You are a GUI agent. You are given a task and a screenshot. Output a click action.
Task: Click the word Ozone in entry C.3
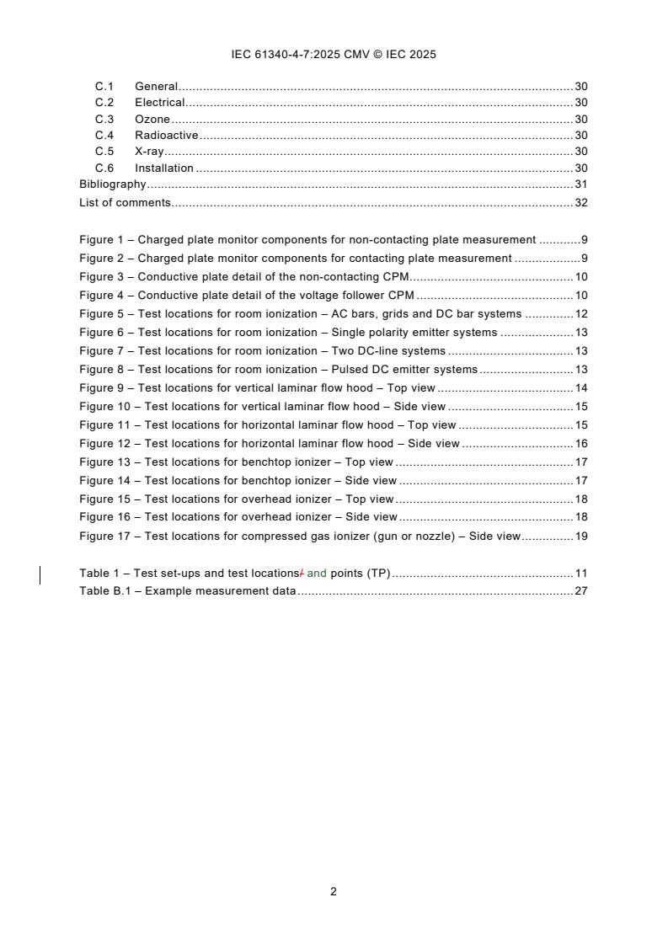pos(152,119)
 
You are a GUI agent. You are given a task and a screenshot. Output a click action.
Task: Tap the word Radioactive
pos(166,136)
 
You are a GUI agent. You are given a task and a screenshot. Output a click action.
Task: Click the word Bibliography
pos(112,184)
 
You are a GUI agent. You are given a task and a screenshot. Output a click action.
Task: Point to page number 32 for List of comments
pos(580,203)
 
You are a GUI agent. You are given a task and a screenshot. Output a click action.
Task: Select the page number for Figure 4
pos(580,296)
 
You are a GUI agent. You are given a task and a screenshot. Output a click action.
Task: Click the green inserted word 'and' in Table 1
pos(317,574)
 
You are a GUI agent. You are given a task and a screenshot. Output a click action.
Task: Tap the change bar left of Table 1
pos(41,575)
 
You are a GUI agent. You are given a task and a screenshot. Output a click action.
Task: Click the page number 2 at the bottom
pos(334,891)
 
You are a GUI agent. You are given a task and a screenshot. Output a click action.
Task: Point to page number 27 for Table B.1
pos(580,591)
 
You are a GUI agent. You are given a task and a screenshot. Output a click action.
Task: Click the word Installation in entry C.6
pos(164,168)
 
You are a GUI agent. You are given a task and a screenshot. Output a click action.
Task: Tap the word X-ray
pos(149,152)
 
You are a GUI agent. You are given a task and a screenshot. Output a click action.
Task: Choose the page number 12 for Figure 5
pos(580,314)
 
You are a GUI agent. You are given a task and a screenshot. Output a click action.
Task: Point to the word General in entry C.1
pos(156,86)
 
